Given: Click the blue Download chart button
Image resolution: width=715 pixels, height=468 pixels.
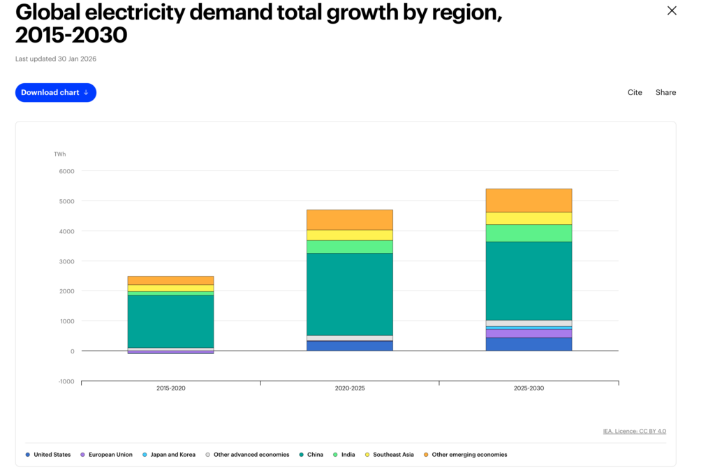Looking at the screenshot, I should (x=56, y=92).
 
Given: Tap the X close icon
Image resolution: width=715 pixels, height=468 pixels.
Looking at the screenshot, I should (x=672, y=10).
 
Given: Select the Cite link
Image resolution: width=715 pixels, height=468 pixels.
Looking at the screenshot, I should (x=635, y=92).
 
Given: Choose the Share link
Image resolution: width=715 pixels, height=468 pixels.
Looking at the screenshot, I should (x=665, y=92).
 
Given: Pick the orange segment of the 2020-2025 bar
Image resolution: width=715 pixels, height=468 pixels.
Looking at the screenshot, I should (x=349, y=219).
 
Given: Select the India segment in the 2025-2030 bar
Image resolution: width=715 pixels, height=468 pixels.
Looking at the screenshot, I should (x=528, y=233).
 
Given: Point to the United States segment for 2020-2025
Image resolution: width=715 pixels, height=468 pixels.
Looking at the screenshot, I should (x=349, y=346).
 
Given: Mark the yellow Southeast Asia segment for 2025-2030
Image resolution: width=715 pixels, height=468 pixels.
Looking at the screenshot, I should (x=528, y=218).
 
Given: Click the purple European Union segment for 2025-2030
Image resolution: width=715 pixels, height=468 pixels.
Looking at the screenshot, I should (x=528, y=333).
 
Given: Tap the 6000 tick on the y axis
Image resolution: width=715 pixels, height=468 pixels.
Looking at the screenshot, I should (x=66, y=171).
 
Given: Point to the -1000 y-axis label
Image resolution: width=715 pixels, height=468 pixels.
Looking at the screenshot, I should (x=65, y=381).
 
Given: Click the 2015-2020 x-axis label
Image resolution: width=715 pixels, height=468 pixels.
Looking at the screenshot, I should (x=170, y=388).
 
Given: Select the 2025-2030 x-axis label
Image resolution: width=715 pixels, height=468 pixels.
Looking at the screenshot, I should (x=528, y=388).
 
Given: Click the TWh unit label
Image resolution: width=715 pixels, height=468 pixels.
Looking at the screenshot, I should (x=60, y=154).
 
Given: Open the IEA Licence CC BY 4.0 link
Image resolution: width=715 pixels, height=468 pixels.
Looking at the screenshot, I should (x=634, y=431).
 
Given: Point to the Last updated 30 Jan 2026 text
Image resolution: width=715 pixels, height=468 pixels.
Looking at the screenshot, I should (x=56, y=59).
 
